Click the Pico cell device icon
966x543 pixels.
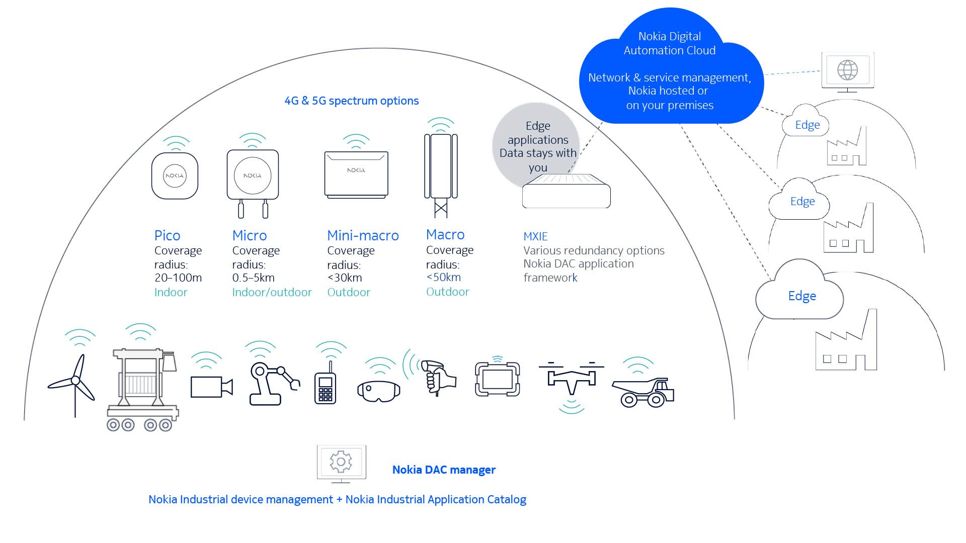175,175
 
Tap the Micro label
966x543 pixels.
250,235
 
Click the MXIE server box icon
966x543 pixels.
566,191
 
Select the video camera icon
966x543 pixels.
211,387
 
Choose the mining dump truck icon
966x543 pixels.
643,392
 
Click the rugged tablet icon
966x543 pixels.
497,379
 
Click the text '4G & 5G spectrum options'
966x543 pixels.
352,101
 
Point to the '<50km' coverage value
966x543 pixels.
444,277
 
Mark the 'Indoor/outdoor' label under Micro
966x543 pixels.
272,292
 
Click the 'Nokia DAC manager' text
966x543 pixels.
444,470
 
